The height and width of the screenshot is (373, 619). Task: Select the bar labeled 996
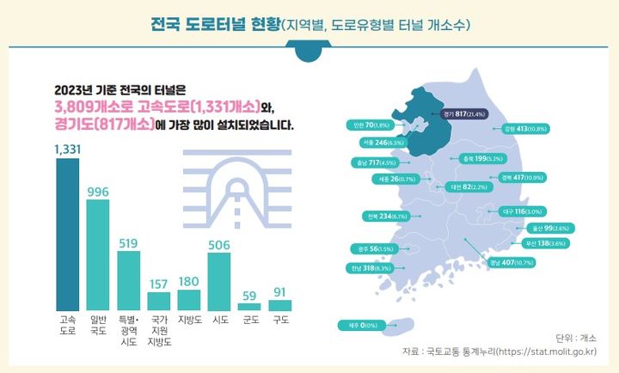98,255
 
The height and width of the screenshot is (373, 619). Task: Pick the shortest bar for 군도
249,306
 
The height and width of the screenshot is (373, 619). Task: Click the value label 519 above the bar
128,244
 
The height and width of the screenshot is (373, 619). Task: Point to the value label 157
159,283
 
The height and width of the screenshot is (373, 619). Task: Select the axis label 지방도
188,321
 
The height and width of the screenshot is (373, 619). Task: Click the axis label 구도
280,321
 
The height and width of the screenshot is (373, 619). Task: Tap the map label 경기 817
463,113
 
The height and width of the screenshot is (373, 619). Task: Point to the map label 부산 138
545,244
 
